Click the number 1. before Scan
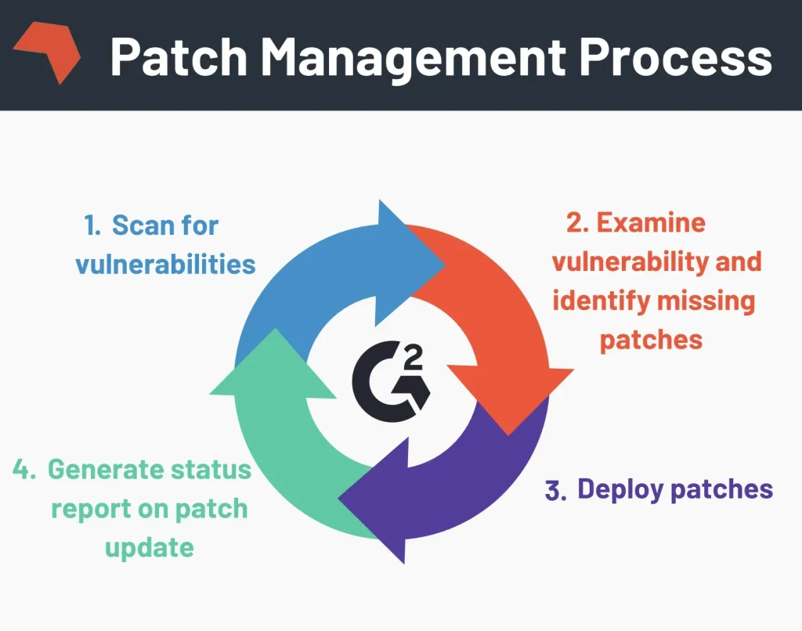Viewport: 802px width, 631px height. (x=93, y=226)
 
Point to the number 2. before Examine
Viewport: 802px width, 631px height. (x=577, y=222)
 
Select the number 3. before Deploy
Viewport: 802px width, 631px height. (x=555, y=491)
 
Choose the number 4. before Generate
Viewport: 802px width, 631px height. (x=26, y=470)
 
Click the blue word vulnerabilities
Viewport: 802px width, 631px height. (x=165, y=264)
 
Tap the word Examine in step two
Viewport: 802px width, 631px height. (x=652, y=222)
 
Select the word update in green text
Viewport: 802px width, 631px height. (x=149, y=546)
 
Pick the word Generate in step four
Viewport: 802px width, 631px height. (x=103, y=470)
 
